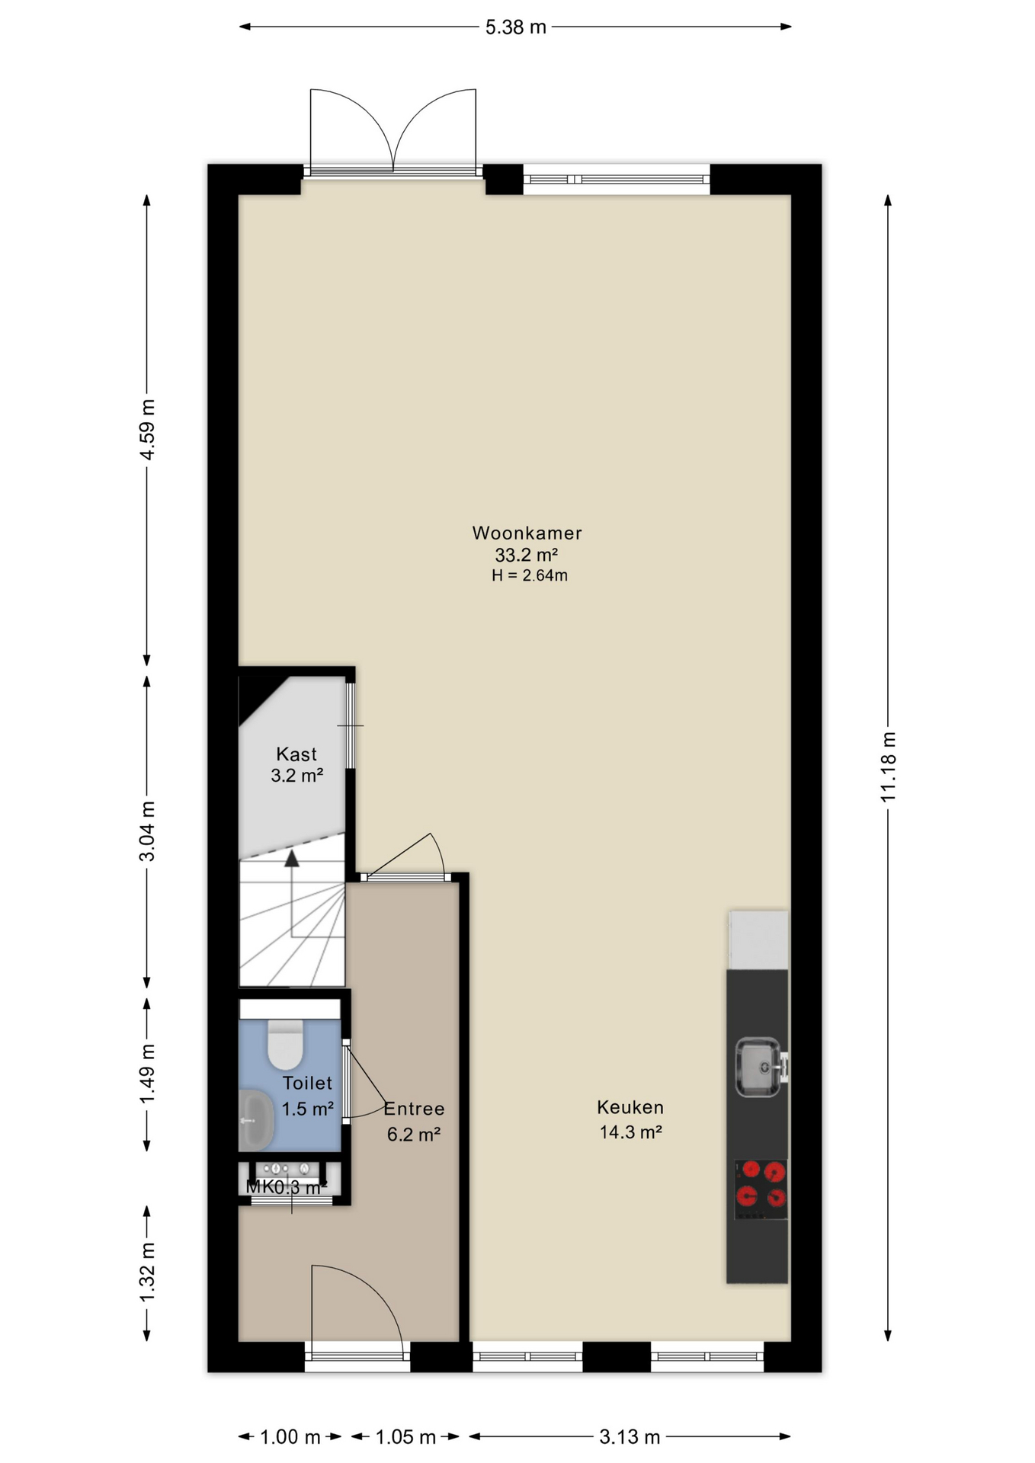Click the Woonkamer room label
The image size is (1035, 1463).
(x=527, y=533)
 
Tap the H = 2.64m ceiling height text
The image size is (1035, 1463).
(x=530, y=575)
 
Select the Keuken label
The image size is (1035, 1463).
(x=630, y=1106)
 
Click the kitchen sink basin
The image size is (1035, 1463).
(x=759, y=1066)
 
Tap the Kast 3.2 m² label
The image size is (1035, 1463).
(x=296, y=765)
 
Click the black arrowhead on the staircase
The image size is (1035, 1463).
(x=291, y=859)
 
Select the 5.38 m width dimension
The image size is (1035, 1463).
(x=516, y=27)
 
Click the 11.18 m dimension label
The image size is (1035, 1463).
(x=889, y=767)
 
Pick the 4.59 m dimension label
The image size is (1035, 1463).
(x=147, y=430)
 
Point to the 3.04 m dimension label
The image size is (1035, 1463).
(x=147, y=831)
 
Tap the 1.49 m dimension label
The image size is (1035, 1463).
(x=147, y=1074)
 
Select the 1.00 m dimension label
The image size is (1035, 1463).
(x=290, y=1437)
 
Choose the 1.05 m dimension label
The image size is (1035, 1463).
(x=405, y=1437)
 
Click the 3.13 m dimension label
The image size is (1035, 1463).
(x=630, y=1437)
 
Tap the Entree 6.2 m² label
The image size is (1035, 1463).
(x=414, y=1121)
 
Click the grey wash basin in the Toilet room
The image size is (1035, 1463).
(x=255, y=1120)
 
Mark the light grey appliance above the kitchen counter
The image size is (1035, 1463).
(x=758, y=940)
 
